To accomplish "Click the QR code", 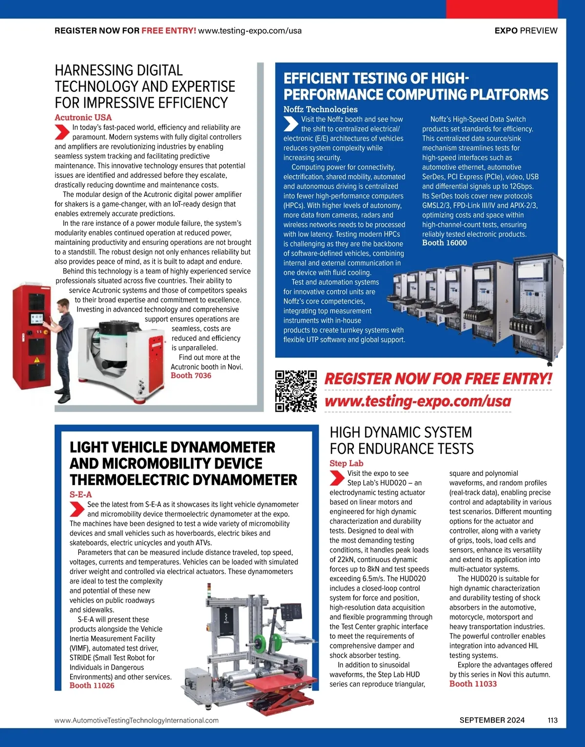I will tap(296, 391).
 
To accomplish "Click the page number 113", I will tap(552, 720).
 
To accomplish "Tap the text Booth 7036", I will tap(191, 375).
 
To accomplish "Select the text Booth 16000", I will tap(444, 243).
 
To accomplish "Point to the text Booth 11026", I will tap(92, 685).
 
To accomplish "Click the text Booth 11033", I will tap(473, 684).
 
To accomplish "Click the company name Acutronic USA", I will tap(83, 117).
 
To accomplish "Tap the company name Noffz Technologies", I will tap(320, 109).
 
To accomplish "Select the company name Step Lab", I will tap(346, 463).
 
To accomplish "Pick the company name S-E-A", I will tap(80, 494).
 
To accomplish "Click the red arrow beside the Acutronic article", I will tap(61, 132).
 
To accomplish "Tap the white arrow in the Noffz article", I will tap(291, 124).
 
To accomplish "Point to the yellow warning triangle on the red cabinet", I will tap(37, 360).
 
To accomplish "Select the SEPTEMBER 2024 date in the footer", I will tap(492, 720).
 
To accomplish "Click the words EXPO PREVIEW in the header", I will tap(526, 30).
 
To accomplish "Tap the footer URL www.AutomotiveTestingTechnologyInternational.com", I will tap(136, 720).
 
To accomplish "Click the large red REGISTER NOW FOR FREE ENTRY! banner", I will tap(438, 379).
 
